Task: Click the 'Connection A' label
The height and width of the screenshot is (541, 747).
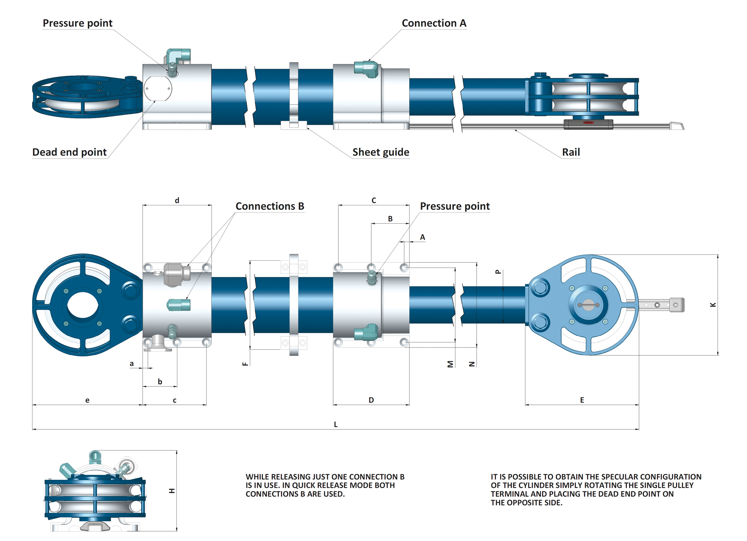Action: pyautogui.click(x=434, y=23)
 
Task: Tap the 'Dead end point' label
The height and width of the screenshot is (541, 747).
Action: pyautogui.click(x=69, y=152)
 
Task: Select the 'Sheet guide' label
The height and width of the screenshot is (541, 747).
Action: pyautogui.click(x=381, y=152)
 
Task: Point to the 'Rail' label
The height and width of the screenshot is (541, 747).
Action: pyautogui.click(x=571, y=152)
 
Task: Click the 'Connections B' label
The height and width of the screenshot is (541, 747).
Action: pyautogui.click(x=270, y=206)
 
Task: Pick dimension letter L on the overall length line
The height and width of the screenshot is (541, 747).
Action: pyautogui.click(x=335, y=425)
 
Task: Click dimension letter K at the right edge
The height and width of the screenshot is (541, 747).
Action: pyautogui.click(x=713, y=305)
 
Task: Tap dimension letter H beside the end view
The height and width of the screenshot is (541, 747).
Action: pyautogui.click(x=172, y=491)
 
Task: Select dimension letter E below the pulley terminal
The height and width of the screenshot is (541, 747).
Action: pyautogui.click(x=582, y=400)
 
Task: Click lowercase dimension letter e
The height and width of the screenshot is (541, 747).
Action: pyautogui.click(x=87, y=400)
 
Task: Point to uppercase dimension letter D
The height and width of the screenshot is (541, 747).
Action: pyautogui.click(x=371, y=400)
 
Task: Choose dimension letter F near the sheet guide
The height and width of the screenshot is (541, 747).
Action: pyautogui.click(x=245, y=364)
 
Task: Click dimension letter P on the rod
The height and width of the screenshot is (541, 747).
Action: pyautogui.click(x=498, y=272)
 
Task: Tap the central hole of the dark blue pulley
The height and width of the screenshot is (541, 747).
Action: pyautogui.click(x=83, y=305)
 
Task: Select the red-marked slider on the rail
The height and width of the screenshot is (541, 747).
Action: pyautogui.click(x=588, y=124)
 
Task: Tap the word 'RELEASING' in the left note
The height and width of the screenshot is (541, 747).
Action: pyautogui.click(x=291, y=477)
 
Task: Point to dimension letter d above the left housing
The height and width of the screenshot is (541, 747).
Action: pyautogui.click(x=177, y=200)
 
